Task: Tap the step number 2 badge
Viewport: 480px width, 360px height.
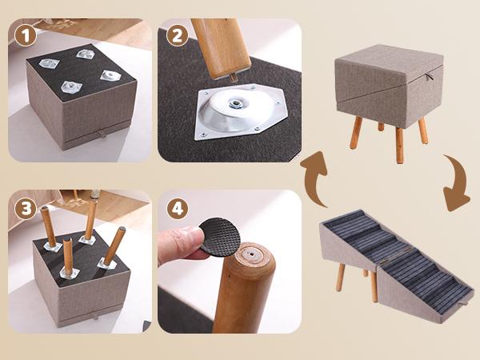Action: click(x=177, y=36)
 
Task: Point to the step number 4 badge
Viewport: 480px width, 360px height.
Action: click(x=177, y=210)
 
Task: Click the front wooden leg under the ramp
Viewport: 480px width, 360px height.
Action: click(x=340, y=276)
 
